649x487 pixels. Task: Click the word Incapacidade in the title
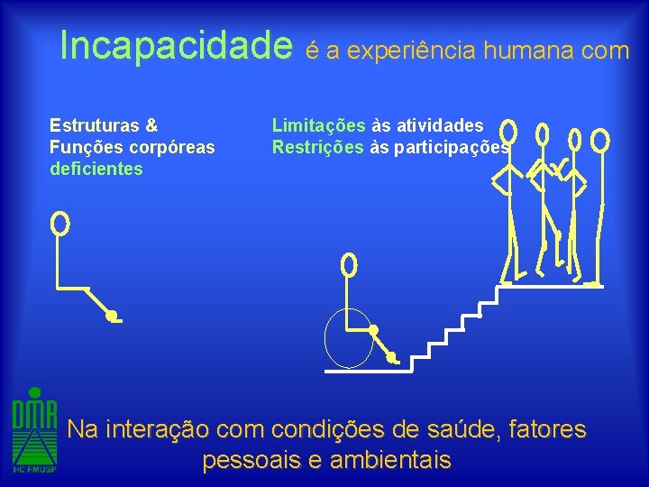(x=177, y=46)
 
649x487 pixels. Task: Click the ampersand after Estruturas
(x=151, y=125)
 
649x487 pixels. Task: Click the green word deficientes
(x=96, y=169)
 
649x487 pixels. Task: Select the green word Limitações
(x=318, y=125)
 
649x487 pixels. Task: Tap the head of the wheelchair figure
(x=349, y=264)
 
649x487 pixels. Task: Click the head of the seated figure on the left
(x=60, y=222)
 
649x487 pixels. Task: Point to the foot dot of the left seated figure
(x=111, y=316)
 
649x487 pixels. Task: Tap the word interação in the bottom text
(x=157, y=429)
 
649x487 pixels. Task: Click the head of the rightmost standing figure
(x=600, y=140)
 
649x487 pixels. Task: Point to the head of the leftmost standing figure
(x=509, y=133)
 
